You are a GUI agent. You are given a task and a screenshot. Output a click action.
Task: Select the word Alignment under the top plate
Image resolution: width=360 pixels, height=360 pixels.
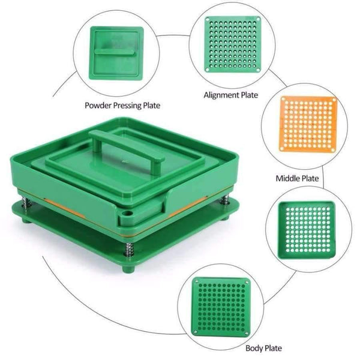pyautogui.click(x=221, y=95)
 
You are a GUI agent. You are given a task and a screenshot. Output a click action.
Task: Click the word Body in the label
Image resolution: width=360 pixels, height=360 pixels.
pyautogui.click(x=253, y=347)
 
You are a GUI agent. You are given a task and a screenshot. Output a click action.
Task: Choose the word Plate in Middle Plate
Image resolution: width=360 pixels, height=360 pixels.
pyautogui.click(x=310, y=178)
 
